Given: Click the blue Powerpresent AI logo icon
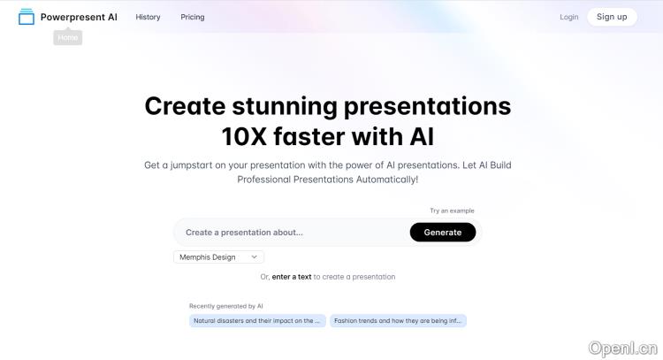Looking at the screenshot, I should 27,17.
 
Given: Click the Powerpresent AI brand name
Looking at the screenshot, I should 79,17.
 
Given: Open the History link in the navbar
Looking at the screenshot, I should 148,17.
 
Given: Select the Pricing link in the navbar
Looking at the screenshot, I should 193,17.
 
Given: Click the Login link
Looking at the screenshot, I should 569,17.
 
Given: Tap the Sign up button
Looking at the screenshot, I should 612,17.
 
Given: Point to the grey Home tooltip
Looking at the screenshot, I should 68,38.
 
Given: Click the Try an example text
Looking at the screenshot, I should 452,211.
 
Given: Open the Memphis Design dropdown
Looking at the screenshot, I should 218,257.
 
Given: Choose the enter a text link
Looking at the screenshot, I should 292,277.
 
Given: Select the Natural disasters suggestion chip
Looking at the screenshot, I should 257,321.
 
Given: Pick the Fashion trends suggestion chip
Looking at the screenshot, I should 398,321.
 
